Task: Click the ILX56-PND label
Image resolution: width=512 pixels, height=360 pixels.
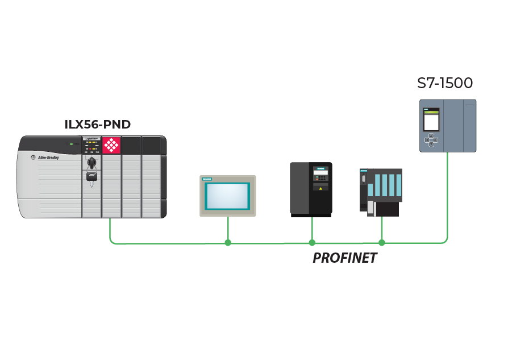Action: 98,124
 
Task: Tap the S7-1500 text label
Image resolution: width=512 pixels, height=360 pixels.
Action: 445,83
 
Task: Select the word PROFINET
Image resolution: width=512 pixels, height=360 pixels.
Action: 345,258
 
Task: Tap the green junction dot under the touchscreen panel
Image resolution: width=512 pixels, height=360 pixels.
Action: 228,243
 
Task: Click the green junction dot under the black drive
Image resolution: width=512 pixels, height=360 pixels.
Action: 312,243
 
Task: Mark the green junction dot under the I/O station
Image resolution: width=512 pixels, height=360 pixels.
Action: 382,243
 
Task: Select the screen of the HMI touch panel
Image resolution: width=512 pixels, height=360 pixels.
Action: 227,196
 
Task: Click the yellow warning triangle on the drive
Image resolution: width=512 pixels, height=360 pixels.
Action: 321,188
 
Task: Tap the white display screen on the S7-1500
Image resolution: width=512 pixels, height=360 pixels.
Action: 432,121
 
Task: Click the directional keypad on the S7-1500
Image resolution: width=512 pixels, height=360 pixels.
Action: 431,140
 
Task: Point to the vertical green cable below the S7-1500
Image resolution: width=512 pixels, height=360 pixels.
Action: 448,193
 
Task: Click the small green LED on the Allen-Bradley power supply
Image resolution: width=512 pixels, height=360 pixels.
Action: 71,144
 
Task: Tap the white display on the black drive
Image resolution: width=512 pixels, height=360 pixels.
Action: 320,171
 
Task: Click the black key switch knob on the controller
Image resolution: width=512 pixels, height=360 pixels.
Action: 91,163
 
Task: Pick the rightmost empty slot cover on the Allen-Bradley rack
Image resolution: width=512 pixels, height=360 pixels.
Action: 151,176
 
